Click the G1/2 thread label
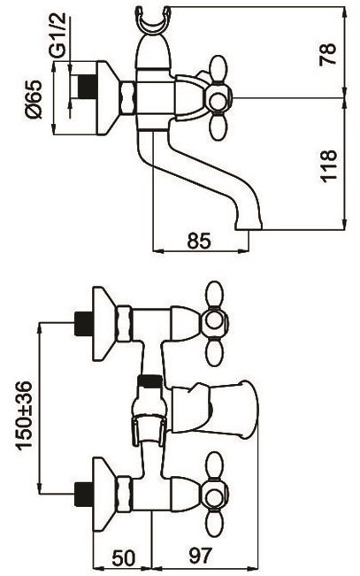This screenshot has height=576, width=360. [x=57, y=35]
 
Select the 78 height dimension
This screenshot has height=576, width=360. [x=327, y=54]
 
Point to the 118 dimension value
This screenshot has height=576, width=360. [x=328, y=165]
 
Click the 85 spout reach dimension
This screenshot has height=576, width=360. [x=199, y=241]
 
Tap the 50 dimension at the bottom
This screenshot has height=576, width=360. [x=123, y=558]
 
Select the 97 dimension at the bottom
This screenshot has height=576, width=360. [x=201, y=556]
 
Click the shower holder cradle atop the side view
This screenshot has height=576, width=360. [x=153, y=21]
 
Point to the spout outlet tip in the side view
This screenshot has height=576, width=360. [x=249, y=226]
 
